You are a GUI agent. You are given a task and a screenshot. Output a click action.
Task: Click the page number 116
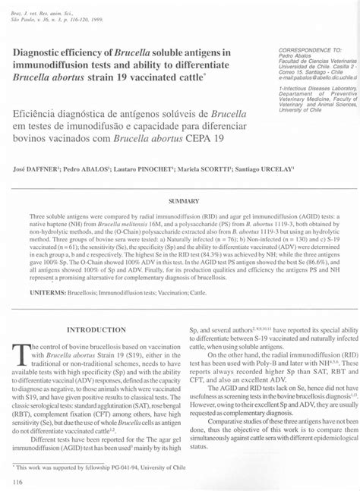point(17,481)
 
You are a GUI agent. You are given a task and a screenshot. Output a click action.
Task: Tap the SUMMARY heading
point(183,201)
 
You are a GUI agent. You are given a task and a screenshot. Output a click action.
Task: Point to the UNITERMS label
point(46,291)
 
